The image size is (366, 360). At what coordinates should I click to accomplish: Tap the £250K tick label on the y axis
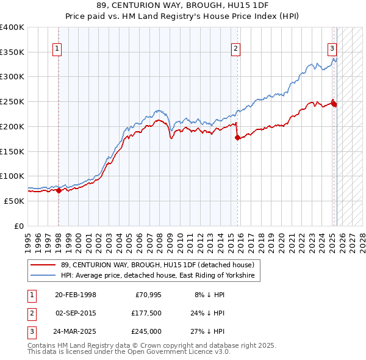click(12, 101)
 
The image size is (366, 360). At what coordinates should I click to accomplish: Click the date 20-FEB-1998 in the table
click(76, 295)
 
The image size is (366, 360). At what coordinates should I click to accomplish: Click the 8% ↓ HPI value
click(208, 295)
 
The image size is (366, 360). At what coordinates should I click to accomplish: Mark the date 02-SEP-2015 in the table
click(76, 313)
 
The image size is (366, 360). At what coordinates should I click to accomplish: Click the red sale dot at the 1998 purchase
click(59, 190)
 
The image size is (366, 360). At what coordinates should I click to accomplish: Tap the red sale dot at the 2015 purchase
click(237, 137)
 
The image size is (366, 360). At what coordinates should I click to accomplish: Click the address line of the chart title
click(183, 5)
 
